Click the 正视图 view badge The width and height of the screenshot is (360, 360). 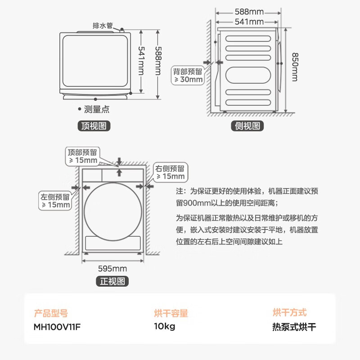click(x=112, y=281)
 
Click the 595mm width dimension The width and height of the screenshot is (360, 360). click(x=112, y=269)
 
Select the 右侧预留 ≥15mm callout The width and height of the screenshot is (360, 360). click(x=170, y=172)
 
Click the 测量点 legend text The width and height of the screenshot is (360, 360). click(x=96, y=109)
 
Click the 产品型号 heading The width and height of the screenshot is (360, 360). click(x=51, y=313)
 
